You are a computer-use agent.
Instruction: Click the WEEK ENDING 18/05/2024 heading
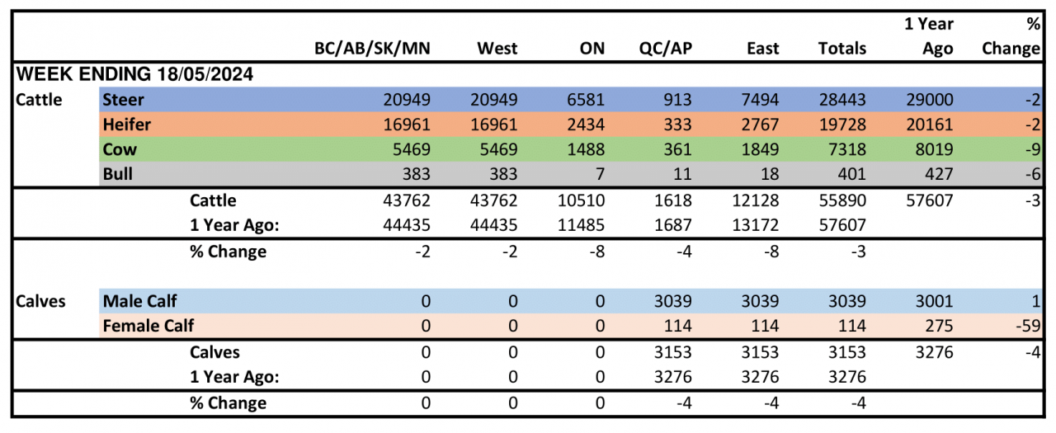(x=134, y=74)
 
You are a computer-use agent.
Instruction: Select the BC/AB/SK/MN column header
(x=372, y=48)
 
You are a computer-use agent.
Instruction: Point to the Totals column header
(x=841, y=48)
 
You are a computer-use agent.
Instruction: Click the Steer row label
(x=123, y=100)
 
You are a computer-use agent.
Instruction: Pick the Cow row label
(x=119, y=150)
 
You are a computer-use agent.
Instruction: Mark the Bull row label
(x=118, y=175)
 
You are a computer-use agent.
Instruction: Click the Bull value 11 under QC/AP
(x=681, y=175)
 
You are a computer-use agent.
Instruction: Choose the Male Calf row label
(x=139, y=301)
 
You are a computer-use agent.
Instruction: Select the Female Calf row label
(x=148, y=326)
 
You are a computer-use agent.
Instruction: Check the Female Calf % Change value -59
(x=1027, y=326)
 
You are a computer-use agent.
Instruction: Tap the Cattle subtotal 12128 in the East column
(x=755, y=200)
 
